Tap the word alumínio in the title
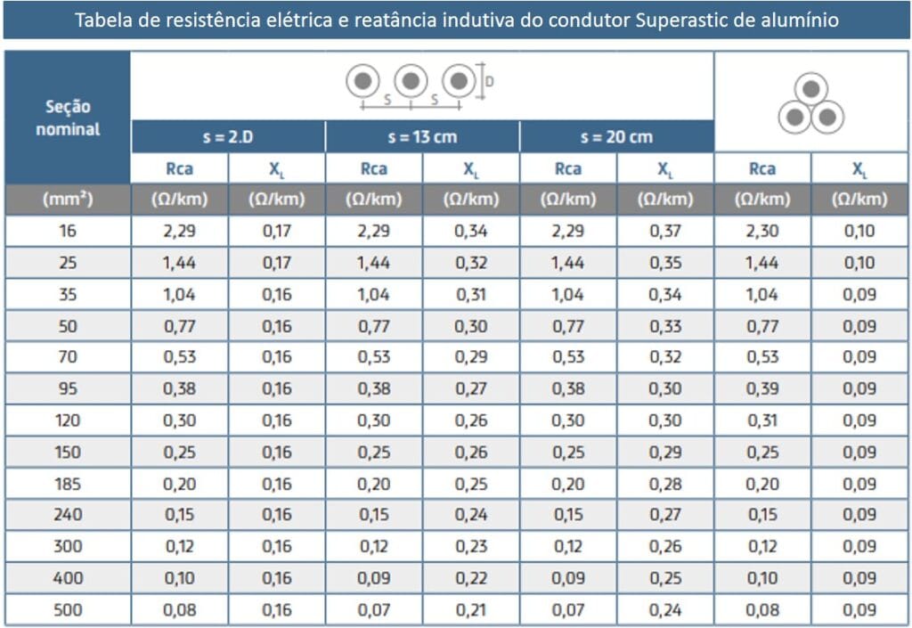coord(797,20)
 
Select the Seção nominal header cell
coord(68,118)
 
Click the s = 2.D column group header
coord(228,137)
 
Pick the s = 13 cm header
coord(422,137)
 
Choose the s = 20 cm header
coord(616,137)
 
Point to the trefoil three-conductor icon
coord(810,103)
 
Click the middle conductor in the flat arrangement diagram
coord(410,82)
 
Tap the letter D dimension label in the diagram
coord(490,81)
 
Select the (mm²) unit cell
coord(68,200)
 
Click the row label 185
coord(68,484)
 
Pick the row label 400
coord(68,579)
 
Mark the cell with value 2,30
coord(761,232)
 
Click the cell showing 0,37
coord(664,232)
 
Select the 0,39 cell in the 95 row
coord(761,389)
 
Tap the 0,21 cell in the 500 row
coord(471,610)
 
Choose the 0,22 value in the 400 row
coord(471,579)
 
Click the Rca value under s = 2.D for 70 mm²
coord(179,357)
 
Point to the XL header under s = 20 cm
coord(664,169)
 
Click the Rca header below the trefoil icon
coord(761,169)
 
